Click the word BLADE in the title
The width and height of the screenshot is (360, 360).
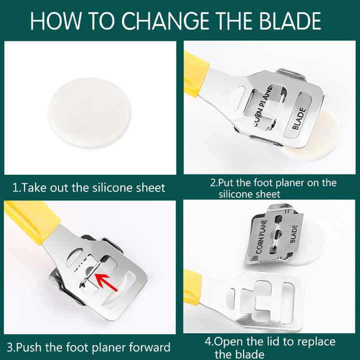pos(290,21)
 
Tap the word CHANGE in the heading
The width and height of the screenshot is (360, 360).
pos(165,21)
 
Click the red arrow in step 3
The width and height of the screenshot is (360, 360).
pos(106,282)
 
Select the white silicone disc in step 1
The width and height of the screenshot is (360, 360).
pos(89,112)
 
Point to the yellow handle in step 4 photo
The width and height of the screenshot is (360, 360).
pos(192,287)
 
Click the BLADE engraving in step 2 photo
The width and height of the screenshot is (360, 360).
pos(299,118)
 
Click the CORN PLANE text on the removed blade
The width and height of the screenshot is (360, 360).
pos(261,236)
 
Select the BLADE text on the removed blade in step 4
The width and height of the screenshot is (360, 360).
pos(294,233)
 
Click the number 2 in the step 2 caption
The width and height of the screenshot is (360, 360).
pos(213,183)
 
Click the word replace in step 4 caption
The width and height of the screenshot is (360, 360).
pos(314,342)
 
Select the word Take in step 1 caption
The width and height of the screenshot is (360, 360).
pos(34,187)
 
